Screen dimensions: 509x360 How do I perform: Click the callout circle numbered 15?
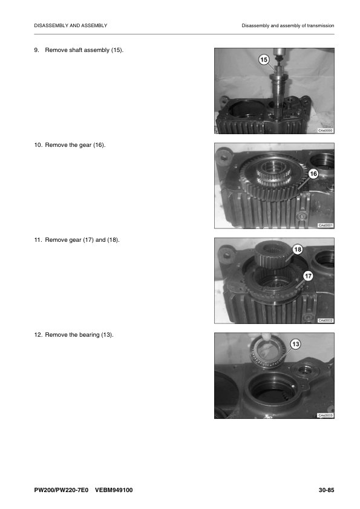(x=263, y=59)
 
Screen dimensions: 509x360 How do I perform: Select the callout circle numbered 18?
(x=298, y=249)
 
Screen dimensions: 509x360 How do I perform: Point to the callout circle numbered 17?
(x=307, y=276)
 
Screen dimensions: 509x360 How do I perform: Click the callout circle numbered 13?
(x=295, y=344)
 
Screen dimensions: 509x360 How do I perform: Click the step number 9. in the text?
(x=38, y=49)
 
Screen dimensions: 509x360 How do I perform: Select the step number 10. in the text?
(x=39, y=144)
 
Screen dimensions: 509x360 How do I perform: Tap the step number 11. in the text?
(x=39, y=240)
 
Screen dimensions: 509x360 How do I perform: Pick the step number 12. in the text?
(x=39, y=335)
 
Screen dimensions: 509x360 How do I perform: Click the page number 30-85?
(x=326, y=490)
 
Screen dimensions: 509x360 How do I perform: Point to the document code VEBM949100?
(x=114, y=490)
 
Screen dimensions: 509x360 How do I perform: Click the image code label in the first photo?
(x=325, y=131)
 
